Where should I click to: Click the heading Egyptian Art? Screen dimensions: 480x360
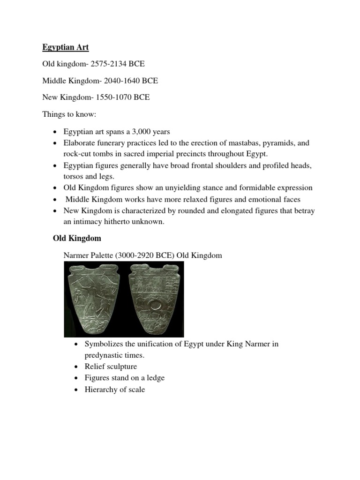65,47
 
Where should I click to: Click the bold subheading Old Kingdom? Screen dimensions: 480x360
76,239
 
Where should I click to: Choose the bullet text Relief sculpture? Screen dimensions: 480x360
111,367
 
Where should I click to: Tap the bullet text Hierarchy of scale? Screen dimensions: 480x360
115,389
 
